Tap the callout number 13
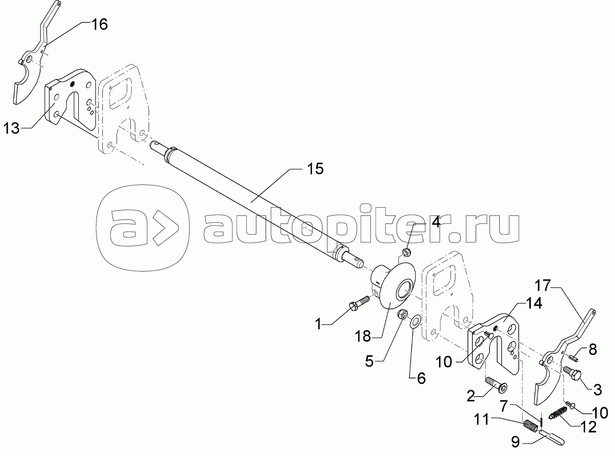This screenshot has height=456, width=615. pyautogui.click(x=11, y=129)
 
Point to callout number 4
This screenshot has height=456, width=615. pyautogui.click(x=435, y=222)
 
